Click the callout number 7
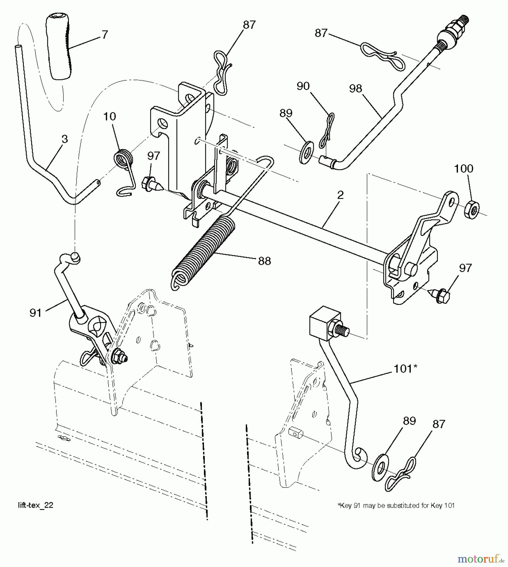click(x=105, y=34)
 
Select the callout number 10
click(x=110, y=117)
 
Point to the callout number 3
click(x=65, y=139)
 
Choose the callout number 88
click(x=264, y=261)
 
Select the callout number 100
click(x=463, y=169)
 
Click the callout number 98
click(x=355, y=89)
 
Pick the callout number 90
click(x=303, y=86)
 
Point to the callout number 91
click(x=36, y=313)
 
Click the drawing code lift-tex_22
click(x=36, y=505)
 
